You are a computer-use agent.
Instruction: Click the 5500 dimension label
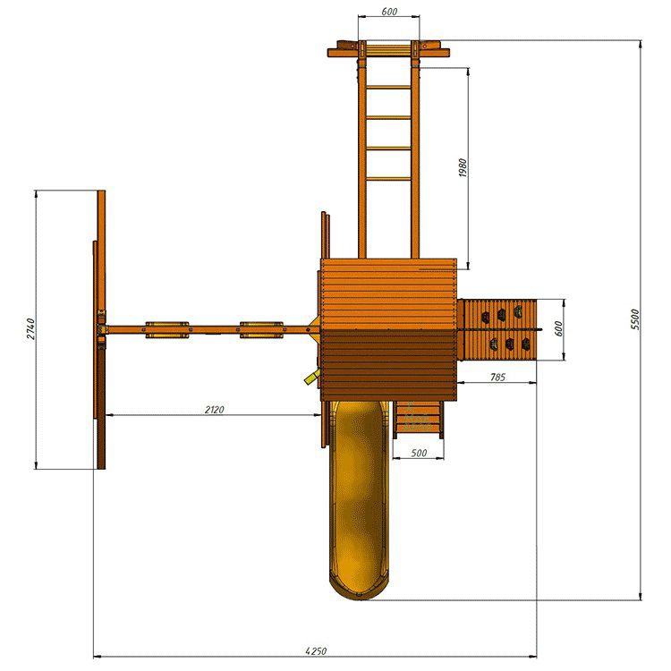click(635, 319)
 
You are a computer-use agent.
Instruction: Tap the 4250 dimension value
click(316, 651)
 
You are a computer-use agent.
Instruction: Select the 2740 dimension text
click(31, 328)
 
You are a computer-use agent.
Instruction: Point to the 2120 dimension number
click(214, 410)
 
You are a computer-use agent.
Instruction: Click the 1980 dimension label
click(463, 168)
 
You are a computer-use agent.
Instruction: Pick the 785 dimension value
click(497, 377)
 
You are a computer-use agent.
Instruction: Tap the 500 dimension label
click(419, 453)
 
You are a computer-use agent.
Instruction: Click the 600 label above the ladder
click(389, 12)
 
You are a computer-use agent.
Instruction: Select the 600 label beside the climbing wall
click(558, 328)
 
